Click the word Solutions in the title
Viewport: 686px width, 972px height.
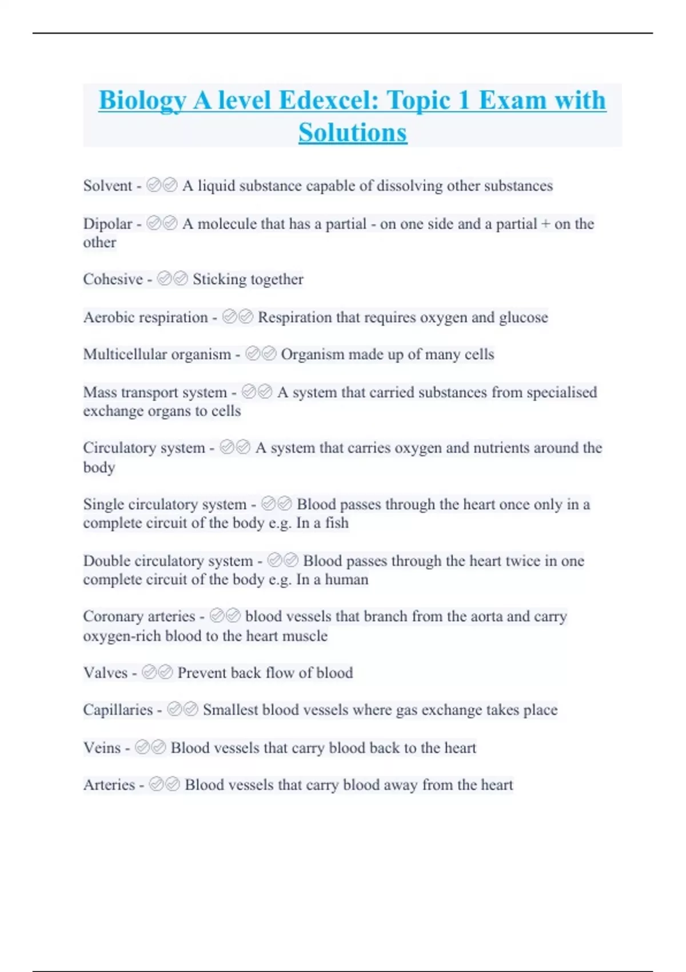pyautogui.click(x=353, y=133)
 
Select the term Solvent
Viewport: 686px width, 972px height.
pyautogui.click(x=107, y=186)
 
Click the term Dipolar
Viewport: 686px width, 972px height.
pyautogui.click(x=107, y=224)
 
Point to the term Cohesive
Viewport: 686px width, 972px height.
pyautogui.click(x=113, y=279)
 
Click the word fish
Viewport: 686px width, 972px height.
pyautogui.click(x=337, y=523)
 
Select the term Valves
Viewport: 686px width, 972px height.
pyautogui.click(x=105, y=672)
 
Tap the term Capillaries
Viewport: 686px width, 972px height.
pyautogui.click(x=118, y=710)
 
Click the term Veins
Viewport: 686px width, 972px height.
pyautogui.click(x=102, y=747)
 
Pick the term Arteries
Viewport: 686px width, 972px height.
pyautogui.click(x=109, y=784)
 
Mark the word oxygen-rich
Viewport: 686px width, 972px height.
pyautogui.click(x=122, y=636)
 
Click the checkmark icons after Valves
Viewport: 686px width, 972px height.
pyautogui.click(x=157, y=672)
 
